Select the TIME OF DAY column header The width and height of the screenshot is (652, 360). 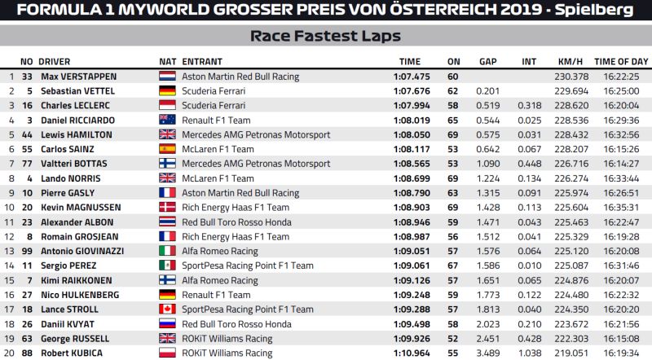(x=621, y=61)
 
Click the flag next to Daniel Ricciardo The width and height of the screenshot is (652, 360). (x=167, y=120)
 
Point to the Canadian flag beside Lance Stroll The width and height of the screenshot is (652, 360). (x=167, y=310)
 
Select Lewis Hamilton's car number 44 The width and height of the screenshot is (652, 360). (x=27, y=134)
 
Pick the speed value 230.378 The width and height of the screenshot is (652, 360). (x=571, y=76)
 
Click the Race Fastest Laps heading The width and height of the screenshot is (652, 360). (x=325, y=36)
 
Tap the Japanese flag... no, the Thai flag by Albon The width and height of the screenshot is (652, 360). (x=167, y=222)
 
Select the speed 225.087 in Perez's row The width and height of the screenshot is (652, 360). (x=571, y=266)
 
